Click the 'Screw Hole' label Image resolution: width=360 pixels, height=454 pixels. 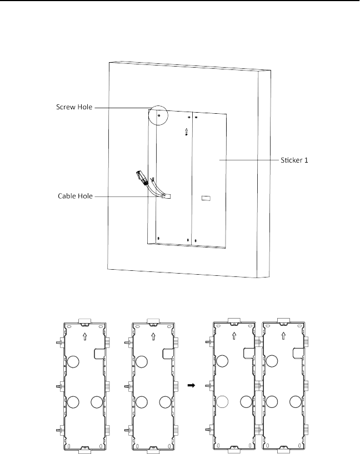[74, 107]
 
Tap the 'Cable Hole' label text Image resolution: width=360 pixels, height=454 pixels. [75, 196]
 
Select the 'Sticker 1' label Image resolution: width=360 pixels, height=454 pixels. [294, 160]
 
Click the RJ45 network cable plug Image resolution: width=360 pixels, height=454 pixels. [142, 178]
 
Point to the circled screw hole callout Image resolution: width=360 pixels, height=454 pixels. [158, 105]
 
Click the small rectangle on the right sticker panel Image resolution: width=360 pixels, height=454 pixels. [206, 198]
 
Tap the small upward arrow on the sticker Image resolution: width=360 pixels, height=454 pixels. [186, 132]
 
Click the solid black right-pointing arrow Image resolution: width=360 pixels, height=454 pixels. [191, 385]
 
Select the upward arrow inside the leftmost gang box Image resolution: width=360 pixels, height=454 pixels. [84, 336]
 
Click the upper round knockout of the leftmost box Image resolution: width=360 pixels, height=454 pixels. [73, 362]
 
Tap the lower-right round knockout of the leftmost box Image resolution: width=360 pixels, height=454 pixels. [97, 402]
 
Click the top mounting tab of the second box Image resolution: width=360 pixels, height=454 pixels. [153, 321]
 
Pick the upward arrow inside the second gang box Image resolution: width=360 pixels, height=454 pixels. [153, 336]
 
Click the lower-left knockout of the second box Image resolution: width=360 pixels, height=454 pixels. [142, 402]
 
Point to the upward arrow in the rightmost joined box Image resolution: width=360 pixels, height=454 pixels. [283, 336]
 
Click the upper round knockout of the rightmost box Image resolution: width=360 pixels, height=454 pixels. [272, 361]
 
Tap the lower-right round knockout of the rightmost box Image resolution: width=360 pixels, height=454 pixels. [296, 402]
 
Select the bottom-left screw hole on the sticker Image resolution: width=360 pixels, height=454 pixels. [158, 238]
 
